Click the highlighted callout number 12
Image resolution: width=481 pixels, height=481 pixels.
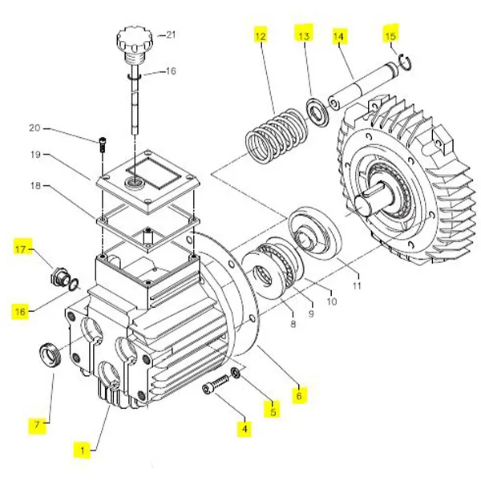tap(258, 37)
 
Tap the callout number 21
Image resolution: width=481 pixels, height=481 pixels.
tap(170, 34)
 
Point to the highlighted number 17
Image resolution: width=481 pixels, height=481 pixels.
tap(22, 250)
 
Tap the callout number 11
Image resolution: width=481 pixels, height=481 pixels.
tap(357, 285)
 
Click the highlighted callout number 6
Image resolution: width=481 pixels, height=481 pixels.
tap(299, 395)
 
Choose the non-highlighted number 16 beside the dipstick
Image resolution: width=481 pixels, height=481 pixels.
tap(170, 71)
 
